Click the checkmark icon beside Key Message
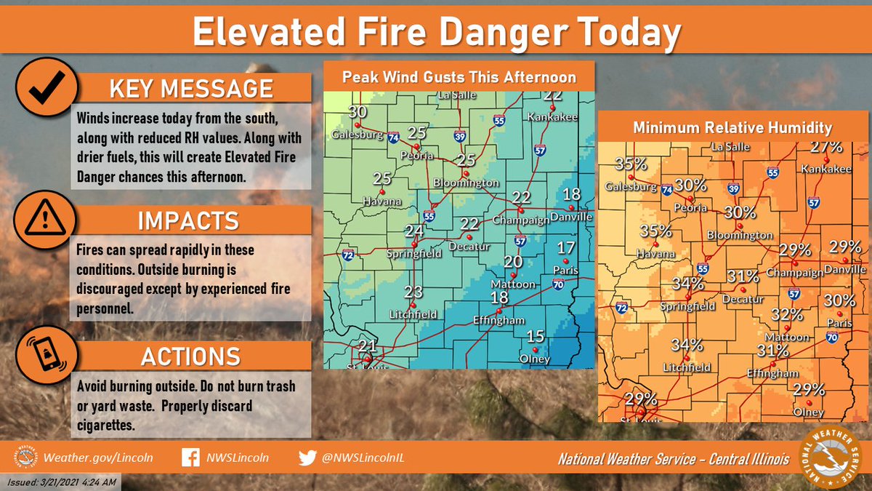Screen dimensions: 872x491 (45, 87)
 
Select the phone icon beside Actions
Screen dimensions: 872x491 (45, 356)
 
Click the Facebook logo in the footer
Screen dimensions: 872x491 (190, 458)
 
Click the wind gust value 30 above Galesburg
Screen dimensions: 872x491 (357, 112)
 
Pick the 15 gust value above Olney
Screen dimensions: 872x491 (536, 336)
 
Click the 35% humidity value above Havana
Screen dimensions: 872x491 (655, 231)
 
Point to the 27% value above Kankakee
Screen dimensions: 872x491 (826, 147)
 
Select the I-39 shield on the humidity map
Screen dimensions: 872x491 (734, 188)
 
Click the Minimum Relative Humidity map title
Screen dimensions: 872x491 (731, 127)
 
